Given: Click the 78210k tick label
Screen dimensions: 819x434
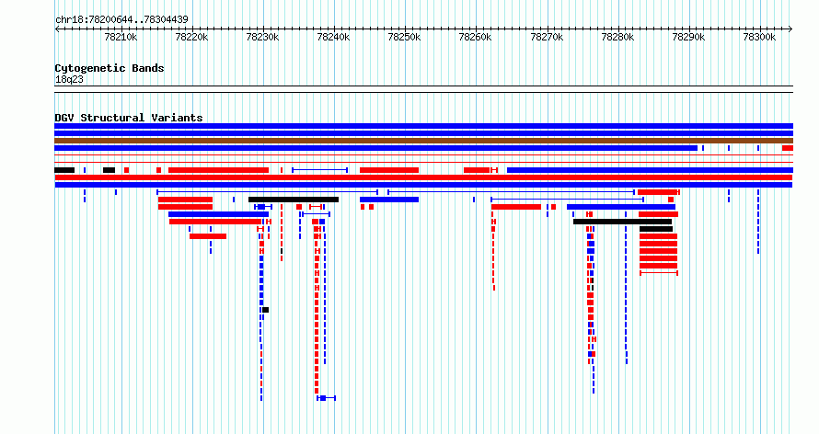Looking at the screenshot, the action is (121, 37).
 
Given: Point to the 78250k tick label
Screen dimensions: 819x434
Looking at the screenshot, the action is (404, 37).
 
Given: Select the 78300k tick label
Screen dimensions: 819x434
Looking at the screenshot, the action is (759, 37).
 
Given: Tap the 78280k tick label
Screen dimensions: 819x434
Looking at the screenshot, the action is (617, 37).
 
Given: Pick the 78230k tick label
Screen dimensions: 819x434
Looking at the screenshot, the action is (263, 37).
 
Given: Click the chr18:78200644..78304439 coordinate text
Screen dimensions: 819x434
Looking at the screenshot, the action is (121, 20).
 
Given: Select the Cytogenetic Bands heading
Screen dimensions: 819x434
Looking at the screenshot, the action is (110, 68).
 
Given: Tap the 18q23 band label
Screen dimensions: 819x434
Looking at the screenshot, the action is (69, 80).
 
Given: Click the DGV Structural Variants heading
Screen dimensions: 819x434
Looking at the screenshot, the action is (129, 118).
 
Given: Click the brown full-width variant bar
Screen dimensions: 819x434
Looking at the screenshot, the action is (423, 141).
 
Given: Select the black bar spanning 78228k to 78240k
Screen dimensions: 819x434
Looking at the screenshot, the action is (294, 200).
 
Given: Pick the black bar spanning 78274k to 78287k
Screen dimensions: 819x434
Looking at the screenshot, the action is (622, 222).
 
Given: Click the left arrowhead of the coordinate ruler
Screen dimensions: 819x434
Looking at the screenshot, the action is (57, 29).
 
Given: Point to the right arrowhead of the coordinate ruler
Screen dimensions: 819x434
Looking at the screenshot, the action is (790, 29).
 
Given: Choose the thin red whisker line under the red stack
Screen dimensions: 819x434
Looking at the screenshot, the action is (659, 273).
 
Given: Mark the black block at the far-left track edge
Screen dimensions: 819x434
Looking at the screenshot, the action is (64, 170).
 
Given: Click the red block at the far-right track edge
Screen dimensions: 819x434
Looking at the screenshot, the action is (787, 148).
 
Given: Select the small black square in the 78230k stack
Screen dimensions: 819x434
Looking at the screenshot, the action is (265, 310).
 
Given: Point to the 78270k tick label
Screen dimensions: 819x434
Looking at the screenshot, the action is (547, 37).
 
